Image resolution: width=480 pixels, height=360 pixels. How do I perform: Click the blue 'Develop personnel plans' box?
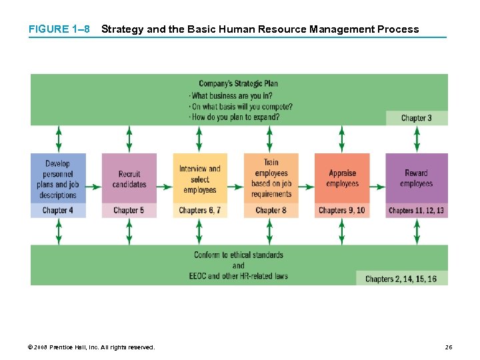[58, 179]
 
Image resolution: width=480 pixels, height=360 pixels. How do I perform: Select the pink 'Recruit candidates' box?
[129, 179]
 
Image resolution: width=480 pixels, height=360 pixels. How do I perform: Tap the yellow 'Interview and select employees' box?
[200, 179]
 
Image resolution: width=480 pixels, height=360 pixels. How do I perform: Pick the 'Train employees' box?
[271, 179]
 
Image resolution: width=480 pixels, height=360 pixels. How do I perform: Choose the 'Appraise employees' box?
[342, 179]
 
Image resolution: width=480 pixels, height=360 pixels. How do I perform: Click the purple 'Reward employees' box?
[416, 179]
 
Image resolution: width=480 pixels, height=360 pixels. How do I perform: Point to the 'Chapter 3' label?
[416, 118]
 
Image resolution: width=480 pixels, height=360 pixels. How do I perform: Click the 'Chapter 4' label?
[58, 211]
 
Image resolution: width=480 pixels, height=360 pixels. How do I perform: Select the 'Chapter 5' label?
[129, 211]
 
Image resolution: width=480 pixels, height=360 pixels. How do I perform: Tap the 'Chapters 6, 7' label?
[200, 211]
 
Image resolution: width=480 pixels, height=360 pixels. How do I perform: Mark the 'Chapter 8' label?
[271, 211]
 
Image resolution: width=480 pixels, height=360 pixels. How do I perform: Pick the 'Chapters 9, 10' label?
[342, 211]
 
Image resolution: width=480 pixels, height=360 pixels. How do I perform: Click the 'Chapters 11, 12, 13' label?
[416, 211]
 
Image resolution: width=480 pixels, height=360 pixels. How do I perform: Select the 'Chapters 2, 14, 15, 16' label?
[401, 279]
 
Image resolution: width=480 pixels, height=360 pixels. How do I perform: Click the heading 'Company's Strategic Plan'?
[238, 83]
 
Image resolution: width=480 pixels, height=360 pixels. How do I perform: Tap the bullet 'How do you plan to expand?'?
[235, 117]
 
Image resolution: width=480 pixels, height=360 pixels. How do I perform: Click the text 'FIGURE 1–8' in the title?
[59, 29]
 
